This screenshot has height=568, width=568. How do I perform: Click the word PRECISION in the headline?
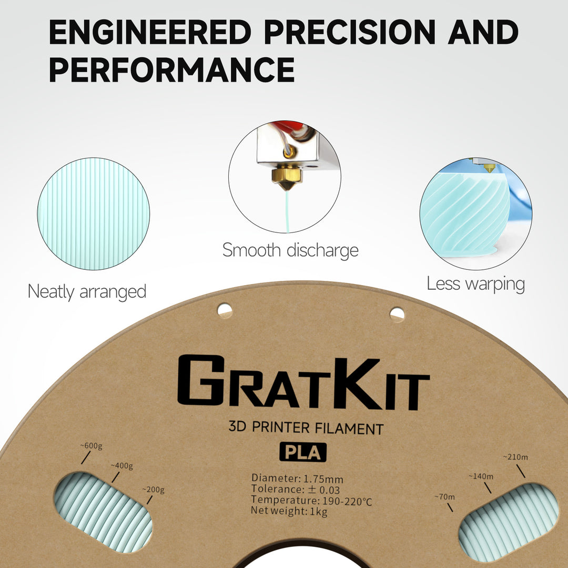350,33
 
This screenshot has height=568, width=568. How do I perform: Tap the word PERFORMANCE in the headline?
171,69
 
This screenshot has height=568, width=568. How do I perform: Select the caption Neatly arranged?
87,291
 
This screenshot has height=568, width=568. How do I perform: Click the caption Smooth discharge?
290,250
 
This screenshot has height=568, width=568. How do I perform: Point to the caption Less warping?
475,284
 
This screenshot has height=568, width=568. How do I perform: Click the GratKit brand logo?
303,383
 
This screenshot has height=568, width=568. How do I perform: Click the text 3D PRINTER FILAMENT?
306,428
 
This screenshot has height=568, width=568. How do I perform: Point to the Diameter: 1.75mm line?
297,479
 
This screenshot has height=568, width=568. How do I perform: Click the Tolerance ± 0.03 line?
295,490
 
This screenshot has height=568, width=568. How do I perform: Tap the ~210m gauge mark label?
515,457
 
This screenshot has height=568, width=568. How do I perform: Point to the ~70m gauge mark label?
445,497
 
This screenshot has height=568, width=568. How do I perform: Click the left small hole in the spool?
225,310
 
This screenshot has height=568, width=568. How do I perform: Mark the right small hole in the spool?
397,315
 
